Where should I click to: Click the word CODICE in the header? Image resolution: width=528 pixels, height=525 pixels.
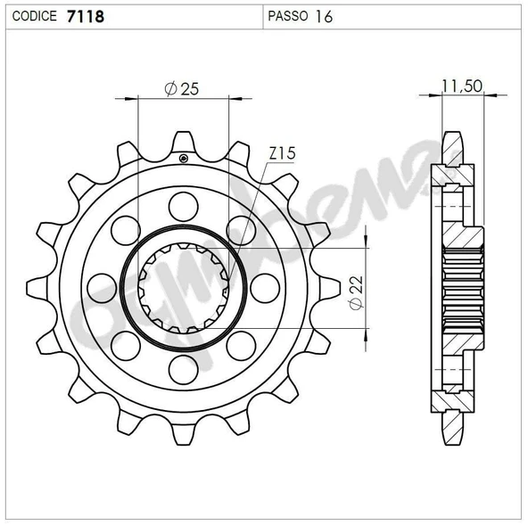(x=36, y=15)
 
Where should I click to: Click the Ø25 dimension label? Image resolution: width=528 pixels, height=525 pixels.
(x=182, y=89)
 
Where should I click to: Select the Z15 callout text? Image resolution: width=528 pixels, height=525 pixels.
(x=282, y=154)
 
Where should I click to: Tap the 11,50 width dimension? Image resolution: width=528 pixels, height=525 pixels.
(x=462, y=86)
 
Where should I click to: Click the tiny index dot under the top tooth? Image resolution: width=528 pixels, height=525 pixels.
(x=183, y=159)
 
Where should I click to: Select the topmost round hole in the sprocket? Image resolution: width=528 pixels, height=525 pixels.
(x=183, y=206)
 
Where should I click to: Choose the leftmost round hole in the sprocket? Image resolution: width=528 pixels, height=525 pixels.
(x=103, y=287)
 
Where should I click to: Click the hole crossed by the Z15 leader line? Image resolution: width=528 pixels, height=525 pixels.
(x=240, y=230)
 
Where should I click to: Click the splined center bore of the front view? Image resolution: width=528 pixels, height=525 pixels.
(x=183, y=287)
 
